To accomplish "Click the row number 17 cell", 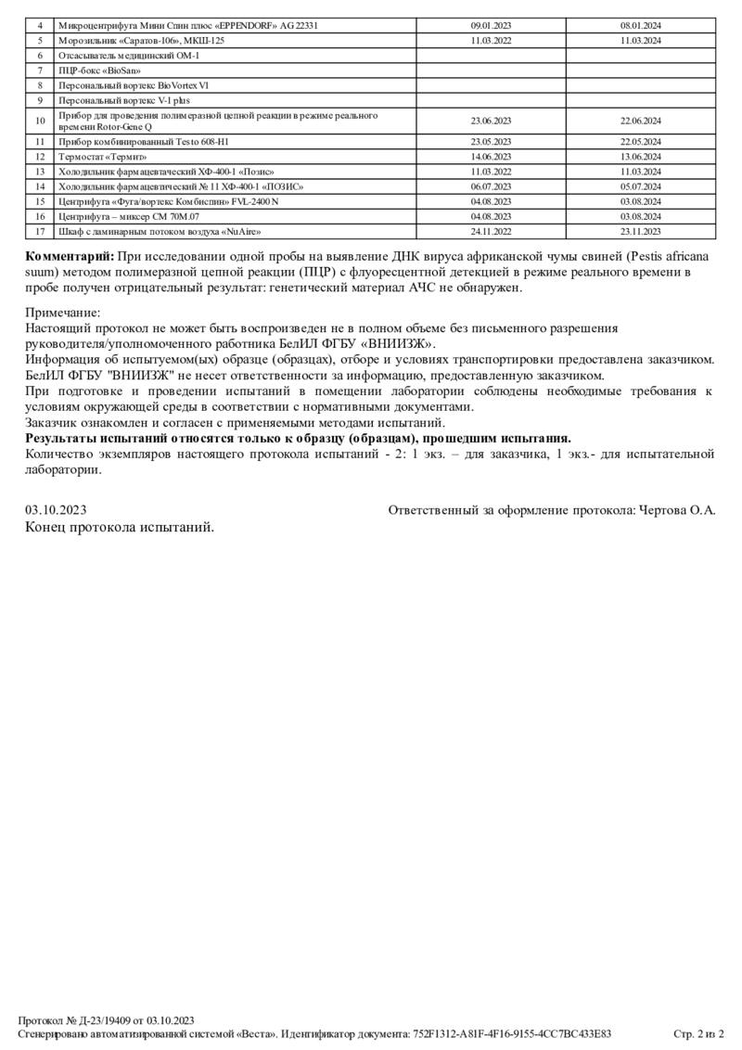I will tap(40, 231).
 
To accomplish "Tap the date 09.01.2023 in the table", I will tap(491, 26).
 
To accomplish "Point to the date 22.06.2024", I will tap(640, 121).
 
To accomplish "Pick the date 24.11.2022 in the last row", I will tap(491, 231).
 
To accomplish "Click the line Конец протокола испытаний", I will tap(120, 527).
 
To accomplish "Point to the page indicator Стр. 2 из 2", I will tap(698, 1033).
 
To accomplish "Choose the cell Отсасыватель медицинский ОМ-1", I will tap(128, 56).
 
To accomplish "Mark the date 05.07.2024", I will tap(640, 186).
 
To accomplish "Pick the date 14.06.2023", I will tap(491, 157).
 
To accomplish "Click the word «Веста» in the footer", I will tap(253, 1033).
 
